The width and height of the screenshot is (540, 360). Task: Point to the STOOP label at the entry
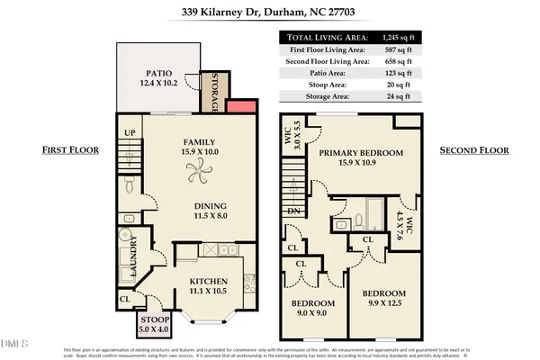pos(152,319)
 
